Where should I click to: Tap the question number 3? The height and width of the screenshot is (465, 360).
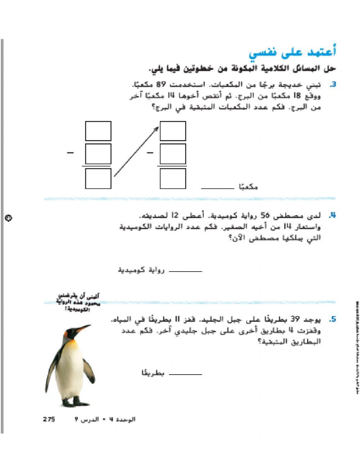(333, 85)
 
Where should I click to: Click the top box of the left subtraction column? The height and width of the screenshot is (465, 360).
(98, 131)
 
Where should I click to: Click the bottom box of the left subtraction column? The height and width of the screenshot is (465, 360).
(98, 179)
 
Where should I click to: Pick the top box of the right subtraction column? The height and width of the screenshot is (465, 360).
(173, 131)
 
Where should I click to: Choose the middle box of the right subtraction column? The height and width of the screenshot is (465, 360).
(173, 154)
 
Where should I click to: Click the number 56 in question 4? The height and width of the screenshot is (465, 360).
(265, 216)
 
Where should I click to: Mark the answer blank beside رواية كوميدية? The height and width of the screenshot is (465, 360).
(185, 271)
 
